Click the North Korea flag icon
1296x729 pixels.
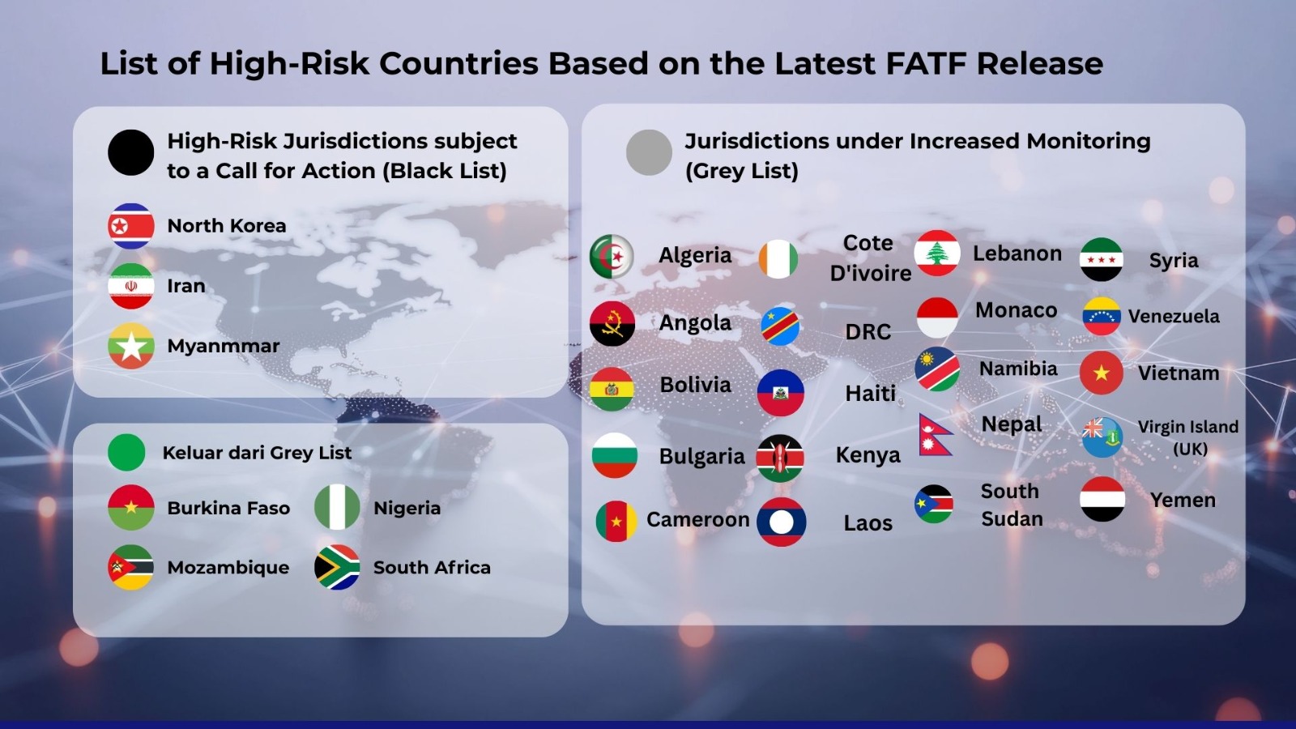130,226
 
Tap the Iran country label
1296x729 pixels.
186,286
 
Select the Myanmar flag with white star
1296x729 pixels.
130,346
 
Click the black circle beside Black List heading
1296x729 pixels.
130,153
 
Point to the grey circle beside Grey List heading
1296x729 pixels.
649,153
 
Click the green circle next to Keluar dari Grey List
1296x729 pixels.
126,453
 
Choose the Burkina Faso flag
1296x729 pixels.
130,507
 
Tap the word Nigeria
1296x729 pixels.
407,508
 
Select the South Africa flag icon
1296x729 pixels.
337,567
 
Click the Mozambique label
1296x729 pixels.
228,568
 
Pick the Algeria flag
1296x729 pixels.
612,256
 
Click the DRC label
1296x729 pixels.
868,332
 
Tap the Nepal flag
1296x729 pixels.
935,434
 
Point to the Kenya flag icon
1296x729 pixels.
780,458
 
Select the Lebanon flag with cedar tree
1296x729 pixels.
937,253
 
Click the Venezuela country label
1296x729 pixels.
1174,317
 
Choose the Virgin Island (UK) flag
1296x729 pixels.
1102,437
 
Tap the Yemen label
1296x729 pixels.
1183,500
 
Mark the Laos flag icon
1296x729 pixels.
781,522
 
